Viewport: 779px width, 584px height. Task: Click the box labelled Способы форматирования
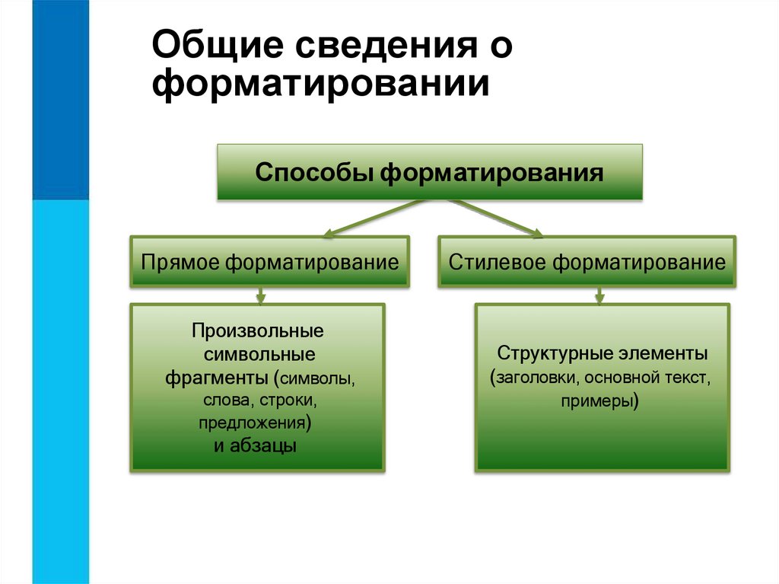click(430, 173)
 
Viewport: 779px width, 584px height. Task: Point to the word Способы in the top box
click(314, 173)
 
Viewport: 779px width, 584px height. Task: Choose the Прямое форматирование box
click(270, 263)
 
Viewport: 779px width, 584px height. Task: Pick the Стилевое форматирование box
click(587, 263)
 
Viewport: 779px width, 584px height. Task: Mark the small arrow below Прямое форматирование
click(261, 295)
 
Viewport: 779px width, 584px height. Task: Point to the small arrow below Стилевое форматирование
click(599, 295)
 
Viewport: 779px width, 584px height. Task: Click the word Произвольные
click(258, 332)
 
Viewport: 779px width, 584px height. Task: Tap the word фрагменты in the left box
click(218, 378)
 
